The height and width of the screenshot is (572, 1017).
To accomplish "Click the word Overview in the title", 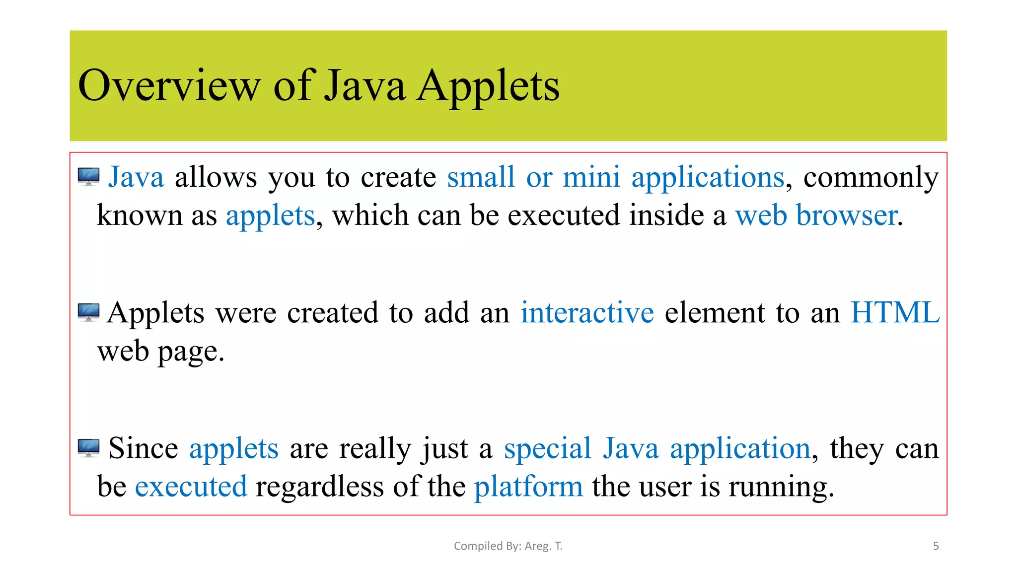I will (169, 86).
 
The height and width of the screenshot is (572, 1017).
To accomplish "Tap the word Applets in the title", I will (488, 86).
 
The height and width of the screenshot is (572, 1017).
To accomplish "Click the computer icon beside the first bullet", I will (89, 177).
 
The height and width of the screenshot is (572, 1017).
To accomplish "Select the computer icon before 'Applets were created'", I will (89, 312).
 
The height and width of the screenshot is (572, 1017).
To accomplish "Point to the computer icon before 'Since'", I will (89, 448).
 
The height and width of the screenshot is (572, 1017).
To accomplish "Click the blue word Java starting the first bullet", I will (136, 177).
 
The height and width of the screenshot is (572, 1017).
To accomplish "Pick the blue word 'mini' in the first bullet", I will (591, 177).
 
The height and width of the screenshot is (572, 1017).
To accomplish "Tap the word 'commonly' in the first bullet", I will (871, 177).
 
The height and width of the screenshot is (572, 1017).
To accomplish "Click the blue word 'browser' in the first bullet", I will (847, 215).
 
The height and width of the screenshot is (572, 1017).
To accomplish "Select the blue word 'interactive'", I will (587, 313).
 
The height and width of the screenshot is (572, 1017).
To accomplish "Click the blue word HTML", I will (895, 313).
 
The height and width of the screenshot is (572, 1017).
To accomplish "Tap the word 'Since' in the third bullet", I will (143, 448).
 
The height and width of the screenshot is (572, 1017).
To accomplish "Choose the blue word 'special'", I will (547, 448).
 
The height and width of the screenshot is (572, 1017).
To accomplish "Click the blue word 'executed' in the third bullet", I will (191, 486).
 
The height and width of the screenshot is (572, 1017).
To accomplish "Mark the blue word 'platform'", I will (528, 486).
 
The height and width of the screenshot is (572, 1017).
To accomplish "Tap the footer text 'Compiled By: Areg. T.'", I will (508, 546).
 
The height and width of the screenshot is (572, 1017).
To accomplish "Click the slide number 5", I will (936, 546).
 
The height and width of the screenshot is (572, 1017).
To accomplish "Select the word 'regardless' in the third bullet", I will (320, 486).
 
